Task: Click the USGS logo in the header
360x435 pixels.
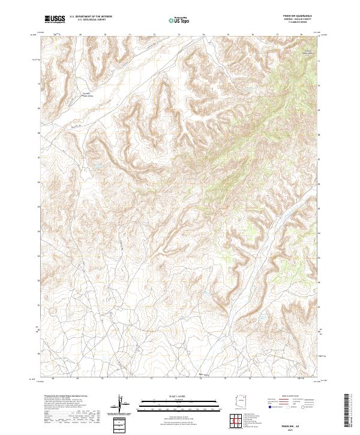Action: click(55, 19)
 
